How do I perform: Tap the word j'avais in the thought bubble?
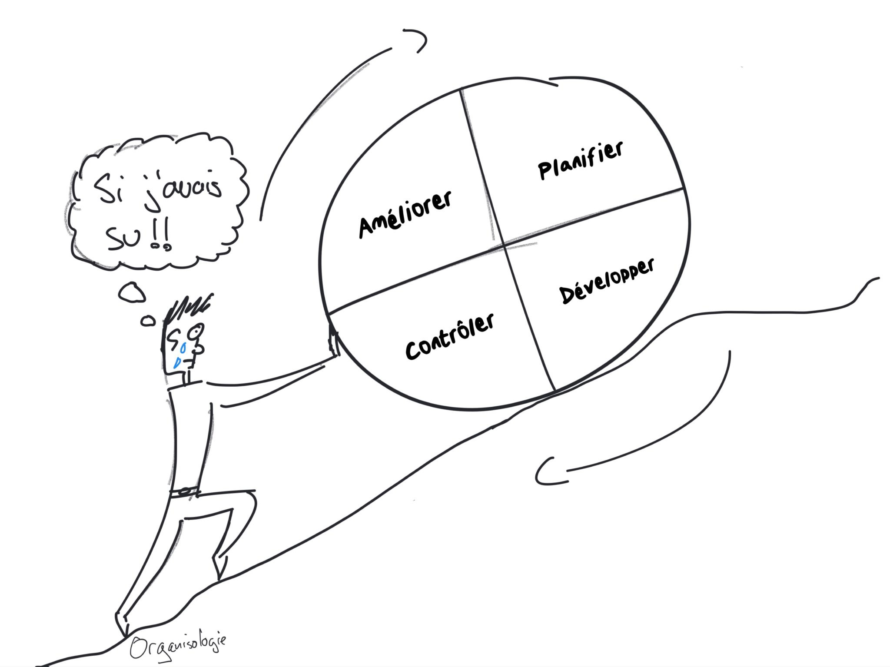point(183,191)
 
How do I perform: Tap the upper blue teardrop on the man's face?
point(183,347)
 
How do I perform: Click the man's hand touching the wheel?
point(333,343)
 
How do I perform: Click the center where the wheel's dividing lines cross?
point(504,245)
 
